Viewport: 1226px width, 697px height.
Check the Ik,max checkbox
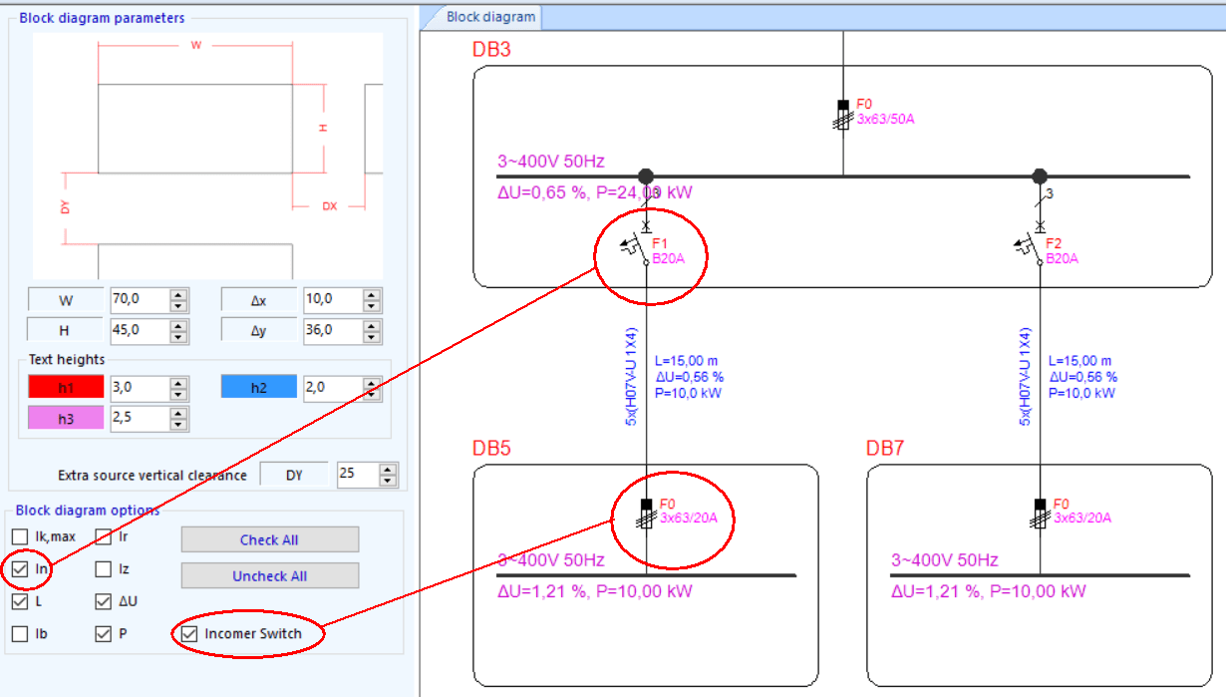click(20, 537)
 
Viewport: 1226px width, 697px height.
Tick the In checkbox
click(20, 569)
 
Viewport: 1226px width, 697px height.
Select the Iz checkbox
click(103, 569)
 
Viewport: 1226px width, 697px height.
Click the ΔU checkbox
click(103, 601)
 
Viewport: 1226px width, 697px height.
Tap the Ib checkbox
click(20, 633)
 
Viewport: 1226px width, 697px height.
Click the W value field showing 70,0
click(138, 299)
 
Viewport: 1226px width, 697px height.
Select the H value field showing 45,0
click(138, 330)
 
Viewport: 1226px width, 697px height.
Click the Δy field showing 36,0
click(331, 330)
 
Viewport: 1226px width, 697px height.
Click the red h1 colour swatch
click(66, 387)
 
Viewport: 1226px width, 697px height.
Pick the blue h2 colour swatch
click(259, 387)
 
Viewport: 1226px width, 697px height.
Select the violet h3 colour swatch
click(66, 419)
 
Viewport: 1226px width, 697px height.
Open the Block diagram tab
click(490, 16)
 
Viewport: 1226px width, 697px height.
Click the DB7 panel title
click(884, 449)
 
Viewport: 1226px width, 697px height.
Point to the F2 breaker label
click(1053, 243)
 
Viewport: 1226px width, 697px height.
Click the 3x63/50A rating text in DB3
click(886, 119)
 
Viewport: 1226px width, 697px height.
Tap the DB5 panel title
click(491, 449)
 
